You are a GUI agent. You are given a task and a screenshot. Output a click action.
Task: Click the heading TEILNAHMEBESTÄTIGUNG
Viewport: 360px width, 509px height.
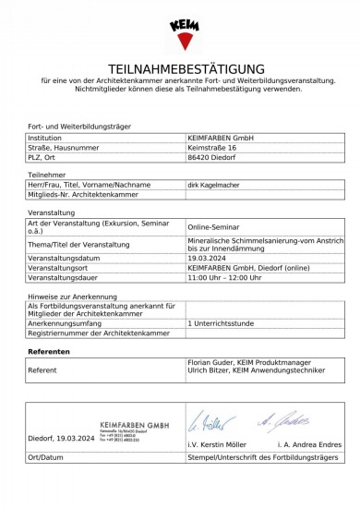[186, 69]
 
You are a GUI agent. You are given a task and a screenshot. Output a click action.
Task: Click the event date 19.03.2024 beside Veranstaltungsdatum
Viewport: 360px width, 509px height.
[210, 258]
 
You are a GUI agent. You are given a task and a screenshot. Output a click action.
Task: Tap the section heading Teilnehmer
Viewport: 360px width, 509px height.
[47, 174]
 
